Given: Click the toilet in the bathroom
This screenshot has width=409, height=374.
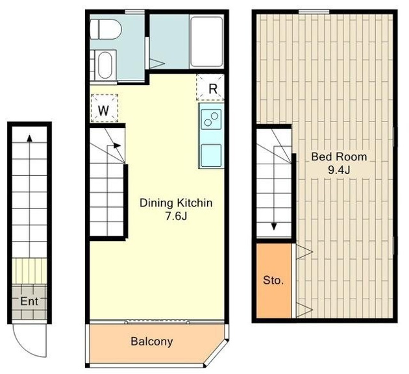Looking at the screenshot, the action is pos(106,29).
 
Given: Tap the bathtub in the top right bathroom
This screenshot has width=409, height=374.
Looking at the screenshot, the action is pos(206,42).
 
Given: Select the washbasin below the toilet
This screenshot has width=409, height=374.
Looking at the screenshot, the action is pos(105,65).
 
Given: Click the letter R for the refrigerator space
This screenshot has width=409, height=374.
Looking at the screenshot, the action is pos(213,89).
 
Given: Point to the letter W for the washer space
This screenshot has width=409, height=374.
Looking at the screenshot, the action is pos(104,110).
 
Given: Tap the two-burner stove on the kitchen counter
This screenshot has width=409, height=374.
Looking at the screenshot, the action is pos(211,119).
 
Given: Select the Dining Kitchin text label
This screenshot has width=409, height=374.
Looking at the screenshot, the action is pos(176,203).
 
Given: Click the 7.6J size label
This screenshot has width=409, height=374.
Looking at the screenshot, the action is pos(177,216).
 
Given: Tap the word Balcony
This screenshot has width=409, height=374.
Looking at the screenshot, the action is pos(152,342).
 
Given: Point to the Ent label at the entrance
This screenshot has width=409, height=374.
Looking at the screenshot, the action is pos(29,301).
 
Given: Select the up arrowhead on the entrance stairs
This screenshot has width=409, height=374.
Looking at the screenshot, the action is pos(30,138).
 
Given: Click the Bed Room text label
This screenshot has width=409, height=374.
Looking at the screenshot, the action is pos(339,156).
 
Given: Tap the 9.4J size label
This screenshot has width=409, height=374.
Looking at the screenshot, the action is pos(339,170).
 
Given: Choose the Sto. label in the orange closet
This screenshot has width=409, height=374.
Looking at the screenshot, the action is pos(273,280).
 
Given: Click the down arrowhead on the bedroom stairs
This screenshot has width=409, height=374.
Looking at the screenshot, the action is pos(273,226).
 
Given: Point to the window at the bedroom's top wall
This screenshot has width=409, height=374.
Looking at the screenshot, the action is pos(314,12).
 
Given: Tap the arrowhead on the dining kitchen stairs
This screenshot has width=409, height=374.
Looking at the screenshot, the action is pos(118,145).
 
